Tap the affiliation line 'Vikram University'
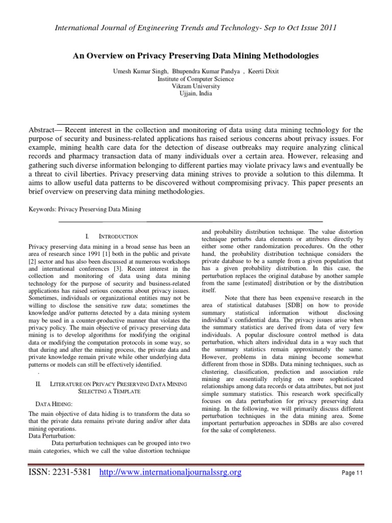pos(196,86)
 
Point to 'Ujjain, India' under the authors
pos(196,93)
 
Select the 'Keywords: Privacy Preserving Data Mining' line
pos(85,209)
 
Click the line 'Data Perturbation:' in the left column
pos(53,436)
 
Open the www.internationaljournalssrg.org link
pos(169,473)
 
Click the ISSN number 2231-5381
pos(71,473)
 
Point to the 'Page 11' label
pos(352,473)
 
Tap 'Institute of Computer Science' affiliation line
pos(196,79)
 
